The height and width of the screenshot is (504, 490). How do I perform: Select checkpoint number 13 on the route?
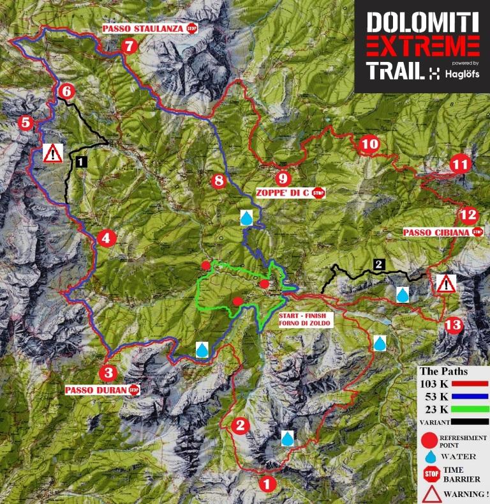tap(452, 325)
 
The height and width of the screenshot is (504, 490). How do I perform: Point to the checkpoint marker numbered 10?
tap(369, 144)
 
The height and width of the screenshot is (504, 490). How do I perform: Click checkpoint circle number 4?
tap(106, 239)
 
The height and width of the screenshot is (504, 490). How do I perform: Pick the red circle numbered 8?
tap(219, 181)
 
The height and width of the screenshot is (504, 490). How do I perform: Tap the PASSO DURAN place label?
tap(95, 389)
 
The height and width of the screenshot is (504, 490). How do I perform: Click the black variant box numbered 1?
tap(81, 162)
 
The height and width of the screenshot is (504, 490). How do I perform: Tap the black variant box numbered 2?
tap(379, 264)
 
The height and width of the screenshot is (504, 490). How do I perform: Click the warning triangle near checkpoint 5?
tap(53, 153)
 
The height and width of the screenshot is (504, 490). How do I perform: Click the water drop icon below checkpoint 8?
tap(246, 218)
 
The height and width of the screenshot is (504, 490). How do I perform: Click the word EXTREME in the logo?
tap(423, 47)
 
